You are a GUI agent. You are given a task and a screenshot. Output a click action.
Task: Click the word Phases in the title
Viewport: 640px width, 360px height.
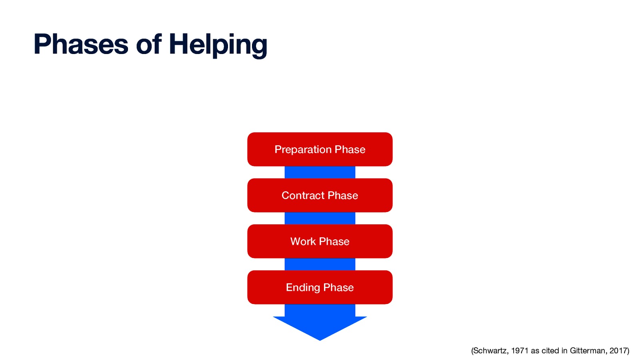coord(81,44)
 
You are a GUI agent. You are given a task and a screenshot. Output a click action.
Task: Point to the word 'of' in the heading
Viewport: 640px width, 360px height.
coord(148,44)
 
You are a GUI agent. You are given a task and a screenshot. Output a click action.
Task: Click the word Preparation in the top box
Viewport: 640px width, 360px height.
coord(303,150)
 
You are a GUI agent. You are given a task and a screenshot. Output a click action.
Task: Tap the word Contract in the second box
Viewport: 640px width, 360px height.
coord(303,195)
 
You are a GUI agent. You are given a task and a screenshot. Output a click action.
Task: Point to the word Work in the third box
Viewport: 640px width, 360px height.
coord(303,241)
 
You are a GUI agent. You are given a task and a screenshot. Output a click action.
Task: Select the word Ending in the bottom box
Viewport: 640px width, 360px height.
coord(303,288)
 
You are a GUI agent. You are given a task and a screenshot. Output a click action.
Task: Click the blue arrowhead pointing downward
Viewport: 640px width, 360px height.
coord(320,326)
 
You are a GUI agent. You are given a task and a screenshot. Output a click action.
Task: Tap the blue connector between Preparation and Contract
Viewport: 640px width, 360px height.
coord(320,172)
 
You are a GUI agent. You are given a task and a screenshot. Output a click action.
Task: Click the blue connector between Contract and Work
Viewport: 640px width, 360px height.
coord(320,218)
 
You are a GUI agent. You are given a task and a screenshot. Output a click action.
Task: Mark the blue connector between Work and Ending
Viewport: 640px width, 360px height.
coord(320,264)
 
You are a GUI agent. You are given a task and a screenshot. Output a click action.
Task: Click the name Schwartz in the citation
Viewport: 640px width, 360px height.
coord(490,351)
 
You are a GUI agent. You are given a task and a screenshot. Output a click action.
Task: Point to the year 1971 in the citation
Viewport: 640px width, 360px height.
coord(520,351)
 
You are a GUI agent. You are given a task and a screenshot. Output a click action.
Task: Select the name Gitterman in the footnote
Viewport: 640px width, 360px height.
coord(587,351)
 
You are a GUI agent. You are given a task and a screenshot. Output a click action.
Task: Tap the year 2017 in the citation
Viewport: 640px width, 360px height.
coord(618,351)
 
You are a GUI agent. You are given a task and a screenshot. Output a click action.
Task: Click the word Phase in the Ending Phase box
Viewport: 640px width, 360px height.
coord(338,288)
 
